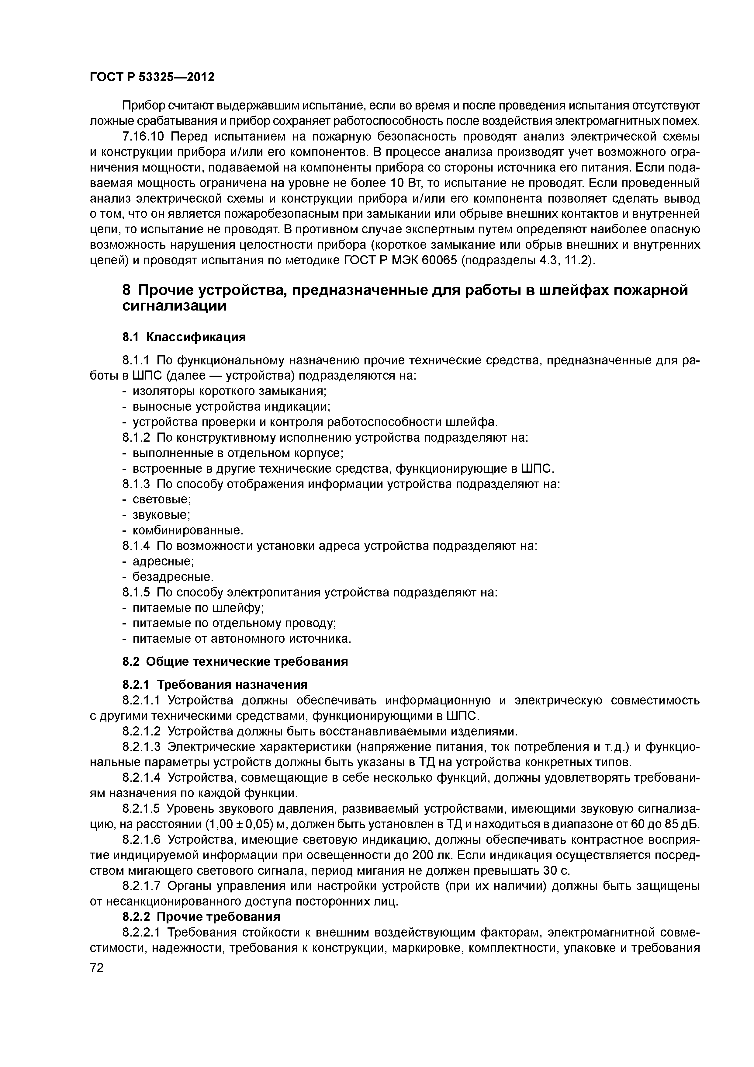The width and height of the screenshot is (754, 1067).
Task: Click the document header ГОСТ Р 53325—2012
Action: coord(152,77)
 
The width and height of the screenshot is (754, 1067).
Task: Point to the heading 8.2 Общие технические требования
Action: coord(235,661)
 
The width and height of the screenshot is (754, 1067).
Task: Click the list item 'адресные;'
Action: coord(163,561)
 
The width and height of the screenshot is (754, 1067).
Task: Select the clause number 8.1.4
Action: coord(137,546)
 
